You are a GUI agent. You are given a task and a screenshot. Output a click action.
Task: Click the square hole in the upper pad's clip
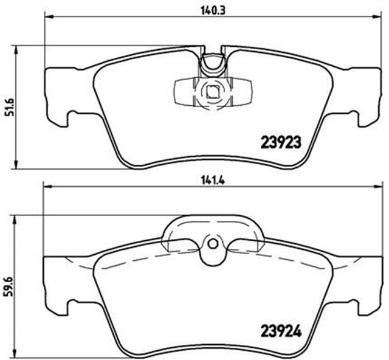pyautogui.click(x=212, y=92)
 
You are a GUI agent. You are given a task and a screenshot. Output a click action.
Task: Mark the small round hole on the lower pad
pyautogui.click(x=212, y=244)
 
